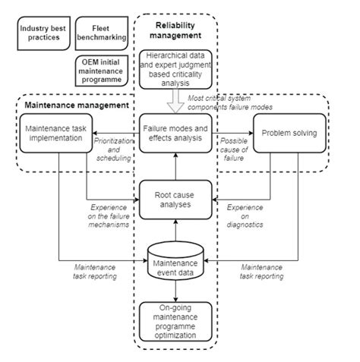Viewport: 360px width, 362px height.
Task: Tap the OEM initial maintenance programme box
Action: coord(103,71)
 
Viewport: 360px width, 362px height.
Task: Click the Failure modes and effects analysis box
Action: coord(176,134)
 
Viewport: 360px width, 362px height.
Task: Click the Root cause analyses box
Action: coord(176,200)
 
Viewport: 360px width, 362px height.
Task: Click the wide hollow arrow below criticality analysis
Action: coord(176,98)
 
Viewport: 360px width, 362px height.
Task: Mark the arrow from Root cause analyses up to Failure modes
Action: coord(176,167)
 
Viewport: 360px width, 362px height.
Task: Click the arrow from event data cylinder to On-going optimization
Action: coord(176,292)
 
